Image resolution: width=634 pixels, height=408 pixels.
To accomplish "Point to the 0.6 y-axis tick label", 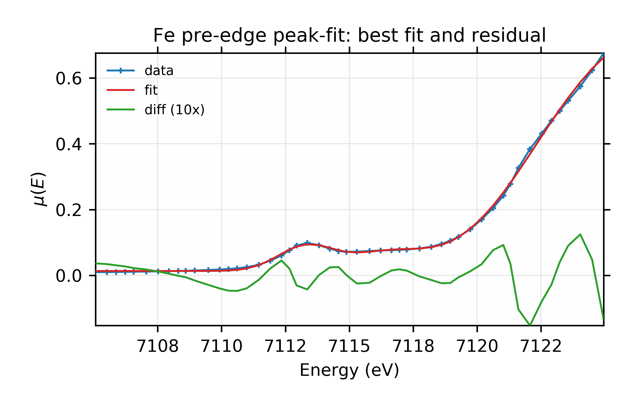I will [x=69, y=79].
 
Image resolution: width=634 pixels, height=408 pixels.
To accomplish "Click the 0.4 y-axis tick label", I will [x=69, y=145].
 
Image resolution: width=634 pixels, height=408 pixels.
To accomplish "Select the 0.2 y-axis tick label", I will [x=69, y=211].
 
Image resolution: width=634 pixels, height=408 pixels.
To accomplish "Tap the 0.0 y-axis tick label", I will [x=69, y=276].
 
